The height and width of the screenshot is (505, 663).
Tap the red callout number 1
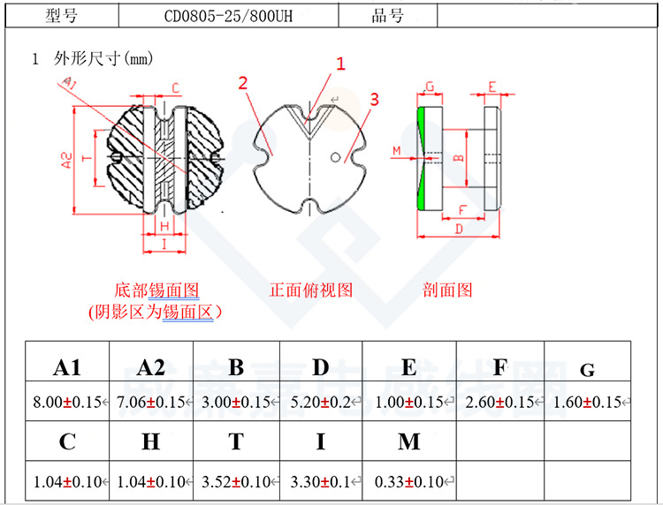click(339, 64)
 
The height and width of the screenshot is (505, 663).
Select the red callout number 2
click(243, 84)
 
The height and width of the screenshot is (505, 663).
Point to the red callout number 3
click(374, 100)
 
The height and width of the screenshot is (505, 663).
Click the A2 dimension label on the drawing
click(66, 159)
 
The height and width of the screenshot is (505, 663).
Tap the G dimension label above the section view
click(431, 87)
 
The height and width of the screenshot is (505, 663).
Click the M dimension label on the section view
click(396, 151)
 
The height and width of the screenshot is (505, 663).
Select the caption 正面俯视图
click(311, 290)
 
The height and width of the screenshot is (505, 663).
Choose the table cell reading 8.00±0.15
click(67, 403)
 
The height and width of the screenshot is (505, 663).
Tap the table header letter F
click(499, 367)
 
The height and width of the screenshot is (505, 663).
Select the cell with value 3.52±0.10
click(236, 481)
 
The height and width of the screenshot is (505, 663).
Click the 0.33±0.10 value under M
click(408, 481)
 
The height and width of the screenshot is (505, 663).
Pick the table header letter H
click(151, 442)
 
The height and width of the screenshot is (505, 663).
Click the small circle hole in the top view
click(335, 158)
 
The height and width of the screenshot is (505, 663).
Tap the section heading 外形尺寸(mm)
click(103, 59)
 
